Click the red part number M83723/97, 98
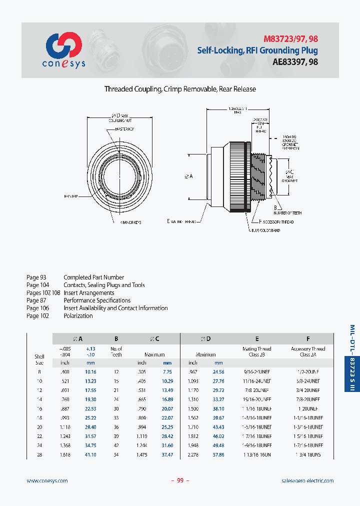click(290, 39)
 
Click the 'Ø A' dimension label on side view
click(189, 176)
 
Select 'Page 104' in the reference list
click(36, 285)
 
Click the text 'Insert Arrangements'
click(89, 293)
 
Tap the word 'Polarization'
click(78, 316)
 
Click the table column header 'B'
click(116, 338)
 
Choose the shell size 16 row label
click(39, 408)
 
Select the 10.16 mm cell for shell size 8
click(90, 372)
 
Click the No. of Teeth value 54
click(116, 454)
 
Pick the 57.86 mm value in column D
click(218, 454)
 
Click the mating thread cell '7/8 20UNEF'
click(257, 390)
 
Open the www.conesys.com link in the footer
click(47, 480)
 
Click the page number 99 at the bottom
click(180, 480)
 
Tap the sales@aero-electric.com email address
click(307, 480)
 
